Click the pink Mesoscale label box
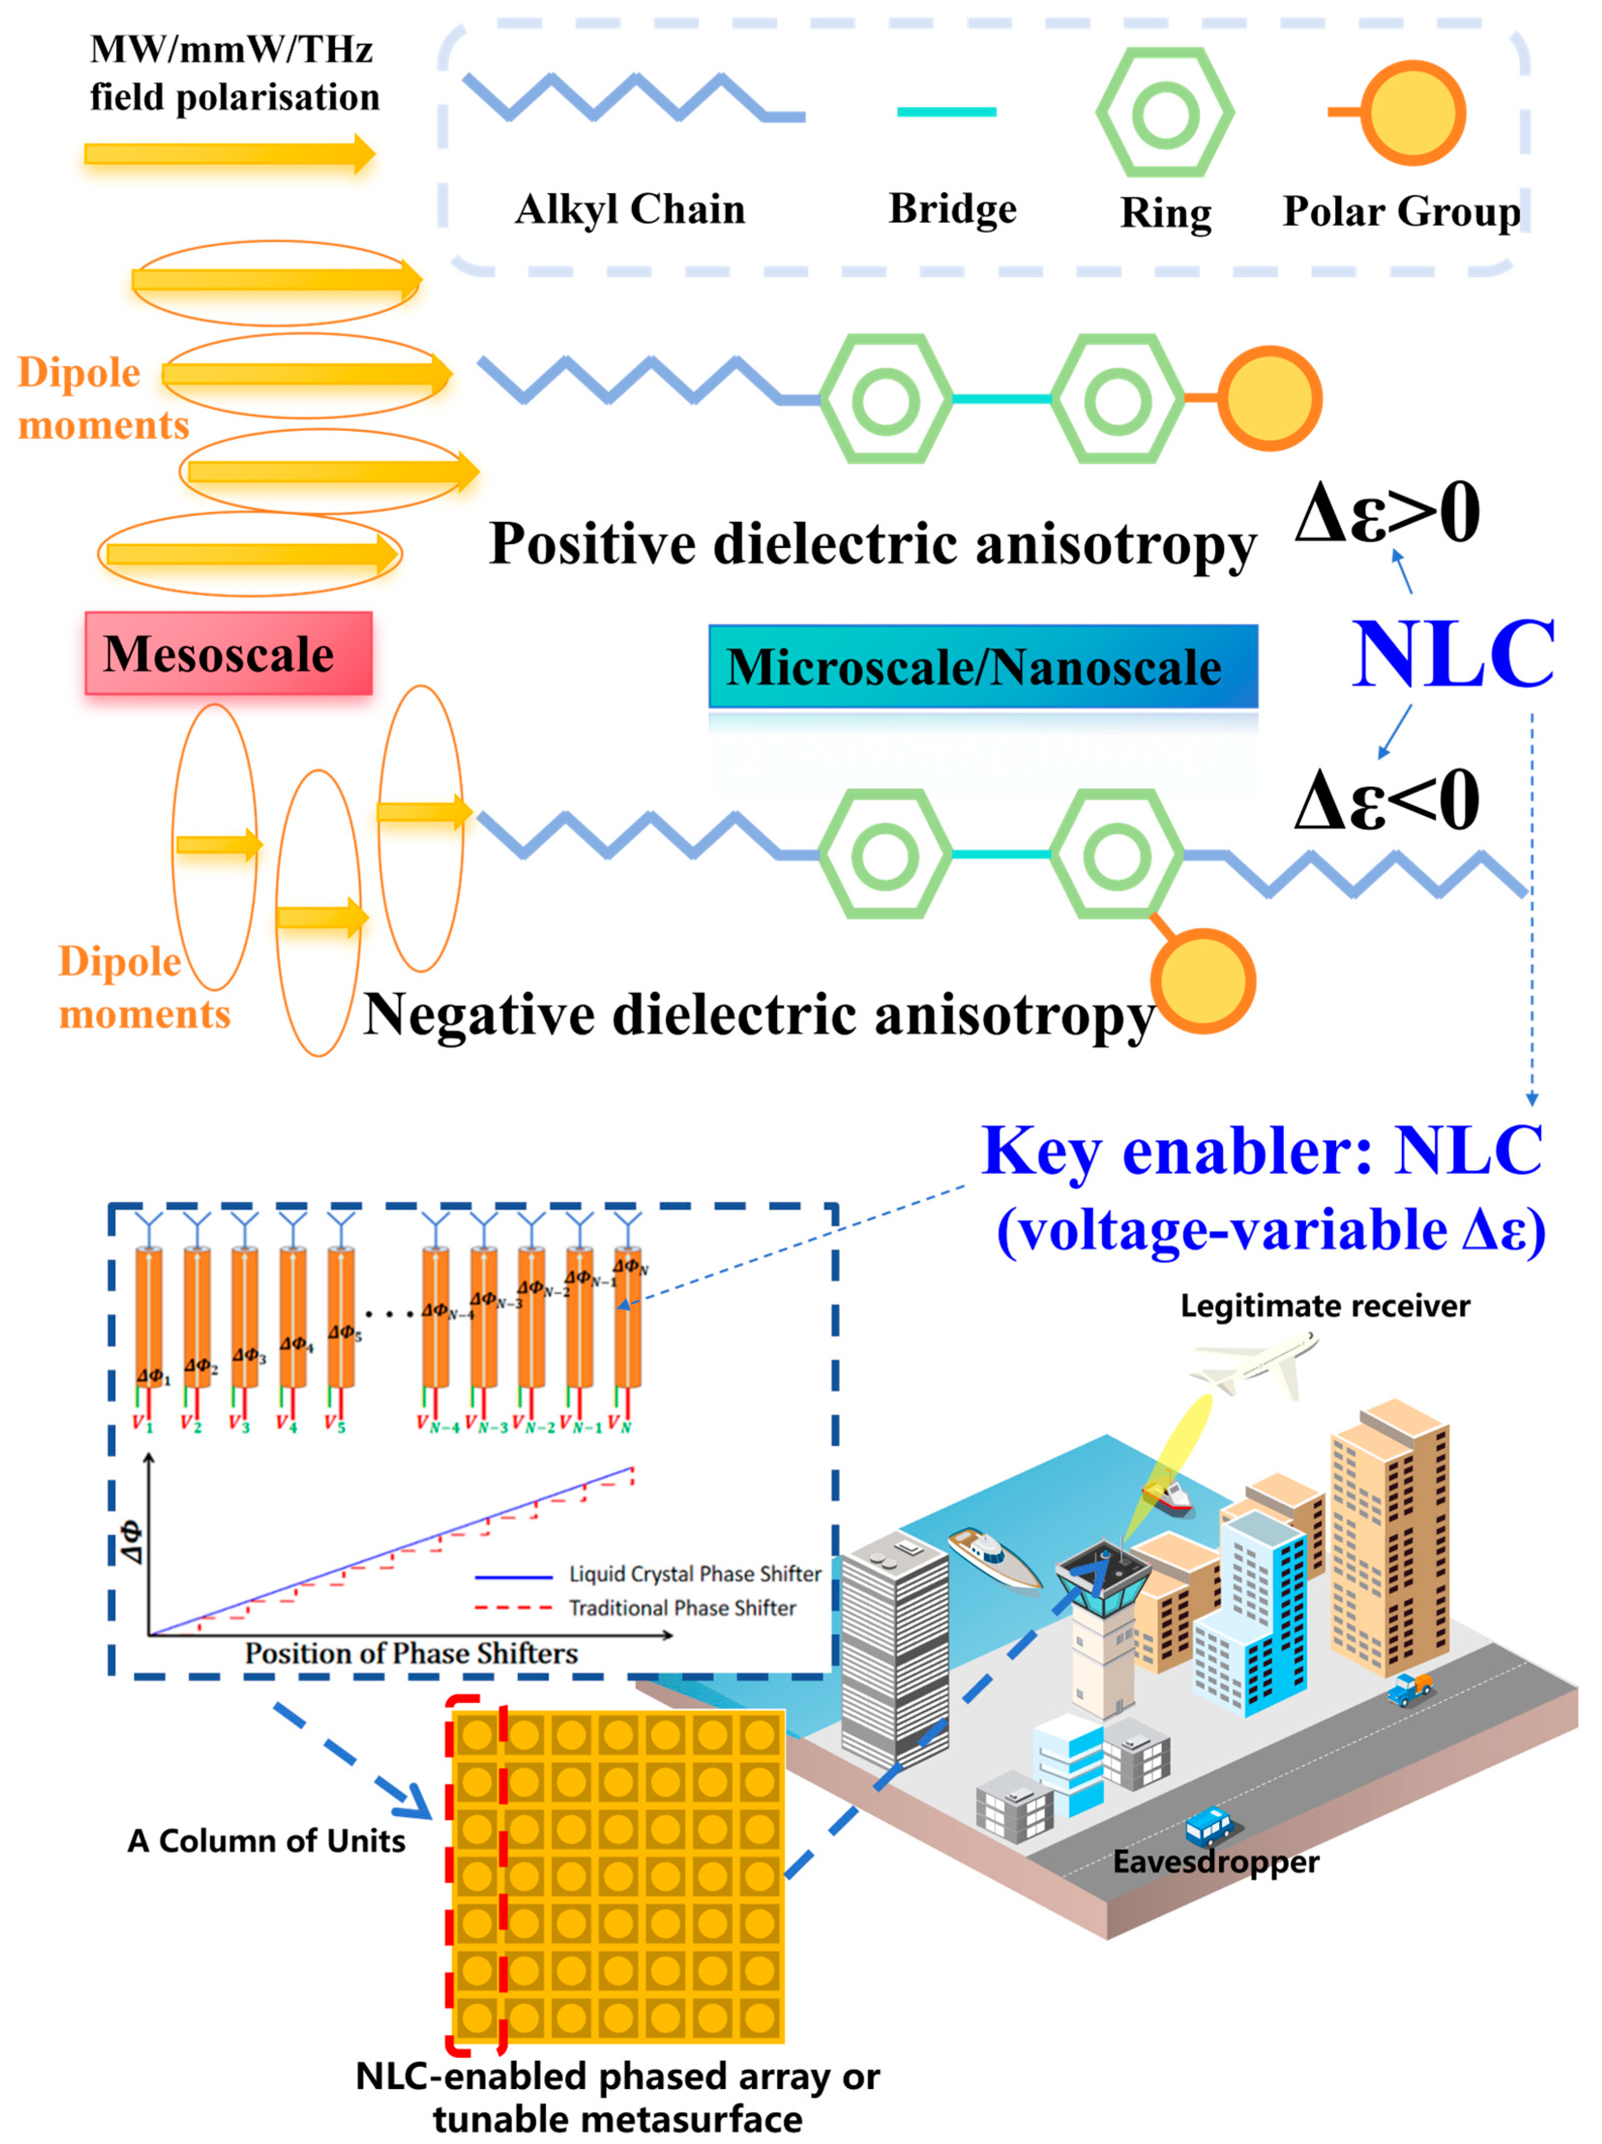coord(228,653)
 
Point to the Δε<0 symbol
coord(1387,801)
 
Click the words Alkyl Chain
coord(630,209)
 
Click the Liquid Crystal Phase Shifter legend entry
coord(694,1574)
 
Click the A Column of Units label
coord(266,1841)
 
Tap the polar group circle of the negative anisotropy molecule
coord(1203,981)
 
